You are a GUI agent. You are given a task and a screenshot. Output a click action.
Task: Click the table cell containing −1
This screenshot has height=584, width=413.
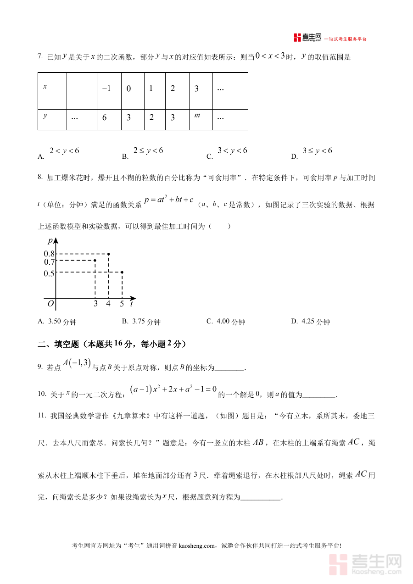click(x=109, y=89)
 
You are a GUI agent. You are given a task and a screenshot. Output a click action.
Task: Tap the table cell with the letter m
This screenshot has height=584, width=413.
click(x=201, y=117)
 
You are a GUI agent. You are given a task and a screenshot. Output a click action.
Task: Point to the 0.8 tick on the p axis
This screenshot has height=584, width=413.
click(x=49, y=254)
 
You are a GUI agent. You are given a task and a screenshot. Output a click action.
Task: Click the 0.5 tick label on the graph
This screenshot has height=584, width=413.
click(x=49, y=273)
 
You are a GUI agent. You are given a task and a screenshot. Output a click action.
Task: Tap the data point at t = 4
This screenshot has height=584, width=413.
click(x=108, y=254)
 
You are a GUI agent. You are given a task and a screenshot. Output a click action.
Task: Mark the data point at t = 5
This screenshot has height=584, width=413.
click(x=122, y=273)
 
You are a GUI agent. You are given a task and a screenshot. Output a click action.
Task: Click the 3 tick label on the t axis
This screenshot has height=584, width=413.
click(x=95, y=304)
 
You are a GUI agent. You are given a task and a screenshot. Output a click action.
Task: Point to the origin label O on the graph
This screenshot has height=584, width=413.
click(x=50, y=303)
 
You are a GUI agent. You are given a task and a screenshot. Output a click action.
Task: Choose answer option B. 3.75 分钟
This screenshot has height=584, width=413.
click(x=141, y=322)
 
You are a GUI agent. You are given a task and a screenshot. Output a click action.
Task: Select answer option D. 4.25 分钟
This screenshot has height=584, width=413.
click(x=311, y=322)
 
